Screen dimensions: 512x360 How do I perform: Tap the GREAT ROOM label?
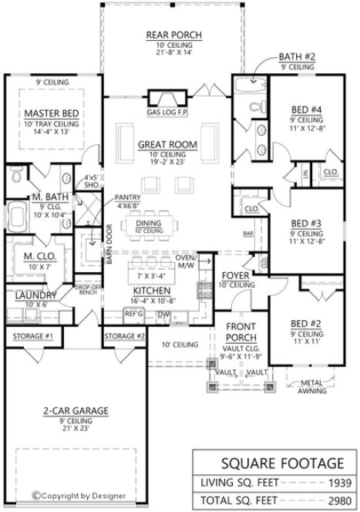[x=167, y=144]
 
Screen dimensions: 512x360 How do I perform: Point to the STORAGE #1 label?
[x=32, y=336]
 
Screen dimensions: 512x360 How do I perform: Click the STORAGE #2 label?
[x=124, y=336]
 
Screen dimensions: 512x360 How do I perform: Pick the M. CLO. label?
[x=32, y=258]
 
